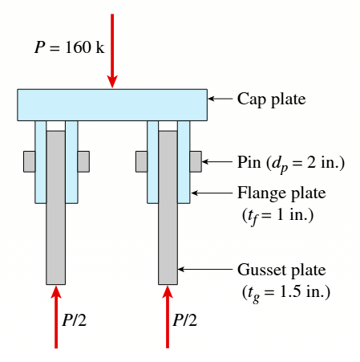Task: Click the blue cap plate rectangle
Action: click(x=112, y=105)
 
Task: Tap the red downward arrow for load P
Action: click(x=112, y=51)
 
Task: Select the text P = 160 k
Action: click(x=70, y=47)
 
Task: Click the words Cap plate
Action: click(x=271, y=100)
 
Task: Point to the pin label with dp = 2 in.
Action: click(x=291, y=163)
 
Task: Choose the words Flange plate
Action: click(x=281, y=193)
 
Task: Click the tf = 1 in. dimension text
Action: click(x=277, y=216)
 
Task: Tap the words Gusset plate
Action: click(x=281, y=270)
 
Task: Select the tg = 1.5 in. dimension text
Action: click(x=286, y=292)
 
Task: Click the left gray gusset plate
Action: click(x=55, y=208)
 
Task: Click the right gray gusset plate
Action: click(x=168, y=208)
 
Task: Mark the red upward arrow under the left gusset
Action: click(x=56, y=317)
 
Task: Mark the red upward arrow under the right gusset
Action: click(x=168, y=317)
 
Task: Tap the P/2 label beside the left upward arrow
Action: click(x=75, y=320)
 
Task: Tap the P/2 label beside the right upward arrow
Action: click(x=185, y=320)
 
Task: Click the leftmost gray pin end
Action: click(x=30, y=161)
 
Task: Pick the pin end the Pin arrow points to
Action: click(x=196, y=161)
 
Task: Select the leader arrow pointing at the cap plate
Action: click(x=220, y=99)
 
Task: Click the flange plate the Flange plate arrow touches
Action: click(x=184, y=162)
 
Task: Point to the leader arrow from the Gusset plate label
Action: click(x=205, y=269)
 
